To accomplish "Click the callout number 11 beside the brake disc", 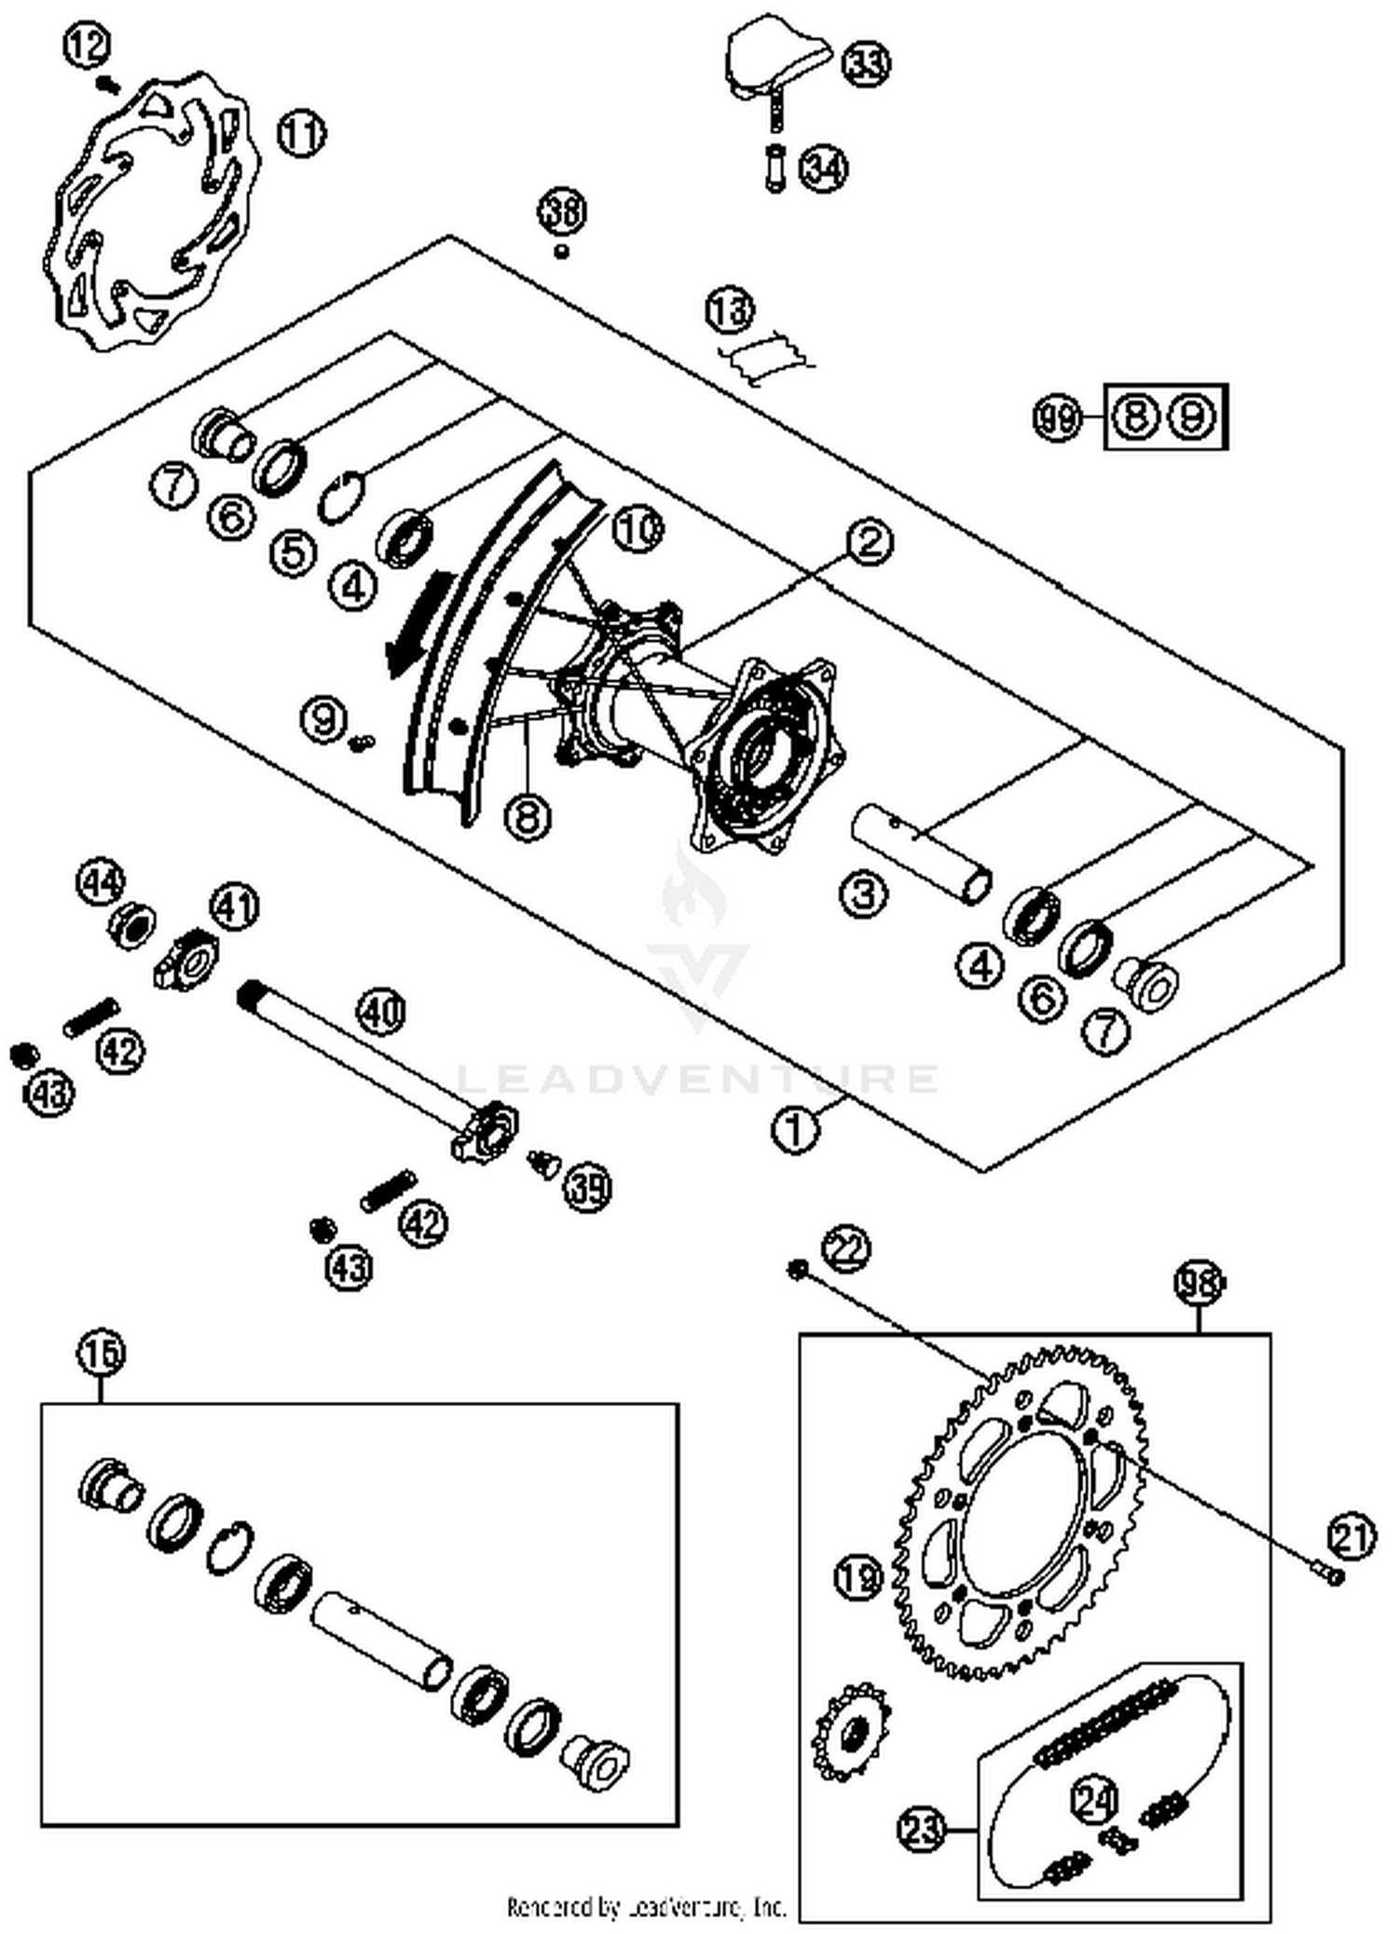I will pos(301,135).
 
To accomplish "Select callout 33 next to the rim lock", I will pos(867,62).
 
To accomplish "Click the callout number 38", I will pos(562,212).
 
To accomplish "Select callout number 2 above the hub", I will pos(870,541).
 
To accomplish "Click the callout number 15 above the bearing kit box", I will pos(101,1353).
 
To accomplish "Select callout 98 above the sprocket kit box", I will pos(1198,1285).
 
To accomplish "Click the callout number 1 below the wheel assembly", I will pos(794,1130).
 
